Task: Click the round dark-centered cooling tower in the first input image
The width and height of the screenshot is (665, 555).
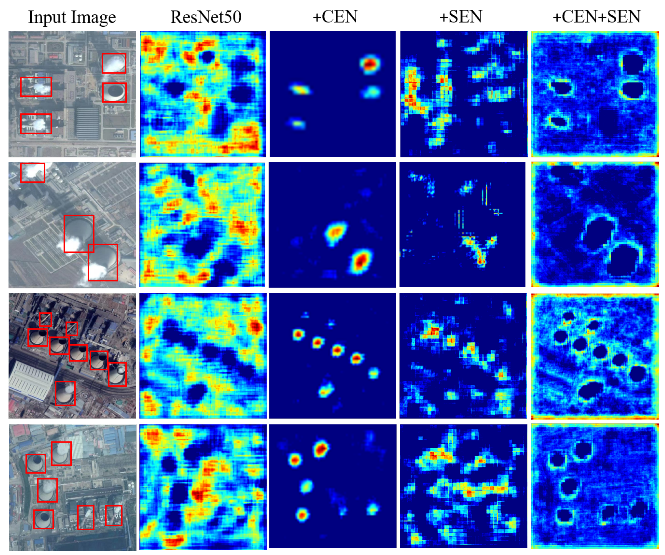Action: click(115, 92)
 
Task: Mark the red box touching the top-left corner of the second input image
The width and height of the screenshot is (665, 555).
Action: click(33, 173)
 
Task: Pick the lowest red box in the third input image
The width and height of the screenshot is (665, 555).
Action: click(65, 393)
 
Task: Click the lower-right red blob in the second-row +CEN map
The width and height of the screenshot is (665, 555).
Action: click(360, 261)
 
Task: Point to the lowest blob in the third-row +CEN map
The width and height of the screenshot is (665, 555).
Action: click(326, 390)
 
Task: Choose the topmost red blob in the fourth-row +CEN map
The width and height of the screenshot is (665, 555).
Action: click(321, 449)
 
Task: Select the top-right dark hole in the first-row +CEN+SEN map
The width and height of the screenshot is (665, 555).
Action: click(632, 63)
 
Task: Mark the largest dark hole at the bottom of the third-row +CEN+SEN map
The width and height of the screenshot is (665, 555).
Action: click(591, 389)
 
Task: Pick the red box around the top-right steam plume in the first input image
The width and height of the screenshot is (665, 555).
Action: click(114, 63)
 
